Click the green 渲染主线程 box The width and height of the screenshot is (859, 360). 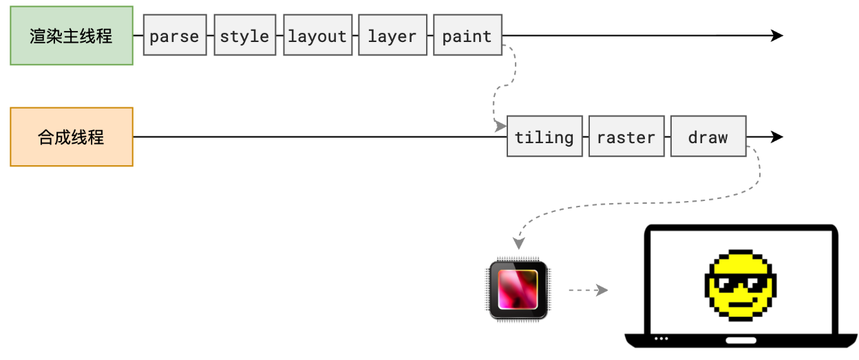pos(71,36)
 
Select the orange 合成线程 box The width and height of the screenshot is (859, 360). pos(71,137)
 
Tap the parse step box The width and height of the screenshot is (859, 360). pos(174,36)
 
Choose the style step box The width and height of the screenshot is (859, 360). pos(244,36)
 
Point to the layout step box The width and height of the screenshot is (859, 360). pos(317,36)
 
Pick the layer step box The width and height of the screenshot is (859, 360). pos(392,36)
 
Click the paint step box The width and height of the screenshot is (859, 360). pos(467,36)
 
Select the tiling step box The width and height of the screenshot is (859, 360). pos(544,137)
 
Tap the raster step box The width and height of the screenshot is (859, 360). pos(626,137)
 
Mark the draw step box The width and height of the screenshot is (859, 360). pos(708,137)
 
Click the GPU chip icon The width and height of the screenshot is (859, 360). pos(518,289)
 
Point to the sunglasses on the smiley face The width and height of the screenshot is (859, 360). pos(741,284)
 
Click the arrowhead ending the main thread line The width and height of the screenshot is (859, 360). pos(777,36)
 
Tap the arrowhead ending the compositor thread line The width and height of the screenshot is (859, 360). pos(777,137)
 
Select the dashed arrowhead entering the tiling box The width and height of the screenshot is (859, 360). pos(500,127)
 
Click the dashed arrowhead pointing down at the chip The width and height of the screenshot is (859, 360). pos(518,243)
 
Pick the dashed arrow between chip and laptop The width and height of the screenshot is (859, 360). pos(588,290)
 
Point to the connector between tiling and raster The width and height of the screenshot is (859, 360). pos(585,137)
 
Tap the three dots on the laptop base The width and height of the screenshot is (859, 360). pos(661,339)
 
